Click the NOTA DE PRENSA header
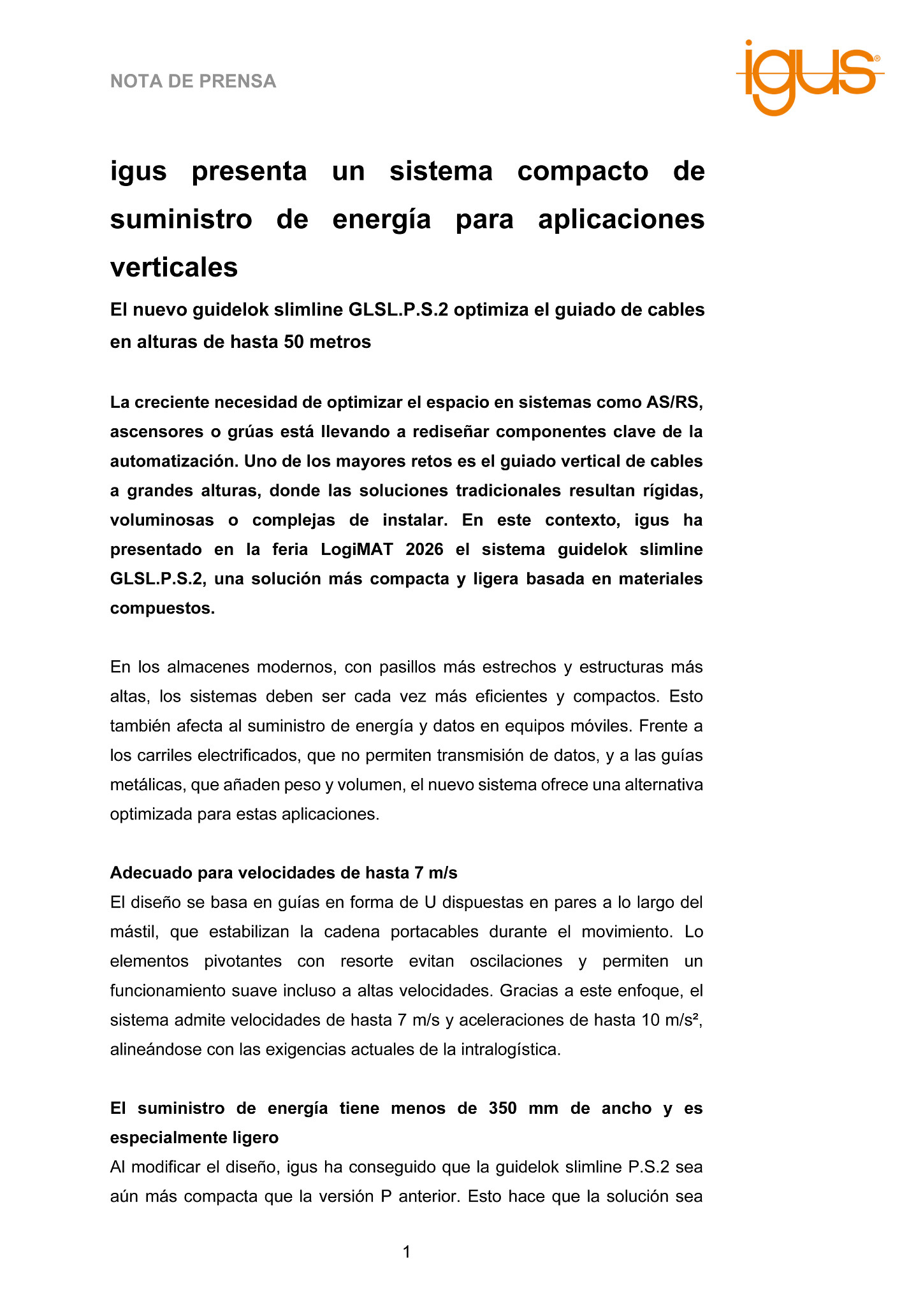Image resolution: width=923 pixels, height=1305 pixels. pyautogui.click(x=193, y=82)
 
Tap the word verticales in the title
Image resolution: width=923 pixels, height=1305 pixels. pyautogui.click(x=174, y=267)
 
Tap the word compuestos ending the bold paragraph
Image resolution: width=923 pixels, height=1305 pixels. pyautogui.click(x=161, y=608)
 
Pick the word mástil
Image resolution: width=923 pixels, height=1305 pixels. pyautogui.click(x=132, y=932)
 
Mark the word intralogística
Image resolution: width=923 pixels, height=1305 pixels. pyautogui.click(x=513, y=1049)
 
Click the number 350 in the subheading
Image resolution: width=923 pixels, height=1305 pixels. pyautogui.click(x=502, y=1108)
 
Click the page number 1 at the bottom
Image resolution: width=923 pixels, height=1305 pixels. pyautogui.click(x=407, y=1252)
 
